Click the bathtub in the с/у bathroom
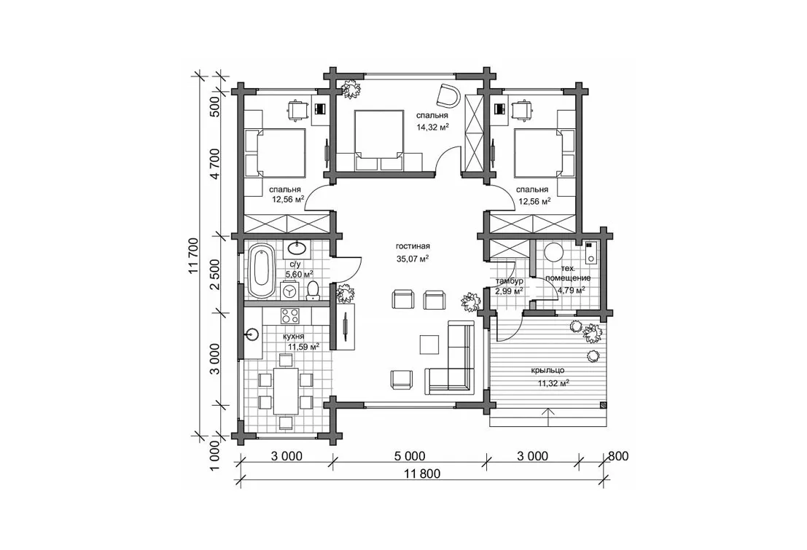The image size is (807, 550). pos(262,272)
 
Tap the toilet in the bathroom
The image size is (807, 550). pos(313,291)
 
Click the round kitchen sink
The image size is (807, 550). pos(252,335)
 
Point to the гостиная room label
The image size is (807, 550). pos(413,246)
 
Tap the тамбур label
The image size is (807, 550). pos(509,281)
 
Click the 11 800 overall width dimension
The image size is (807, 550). pos(423,474)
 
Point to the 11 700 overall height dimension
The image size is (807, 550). pos(193,256)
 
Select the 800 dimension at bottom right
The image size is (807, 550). pos(618,456)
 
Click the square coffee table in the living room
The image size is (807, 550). pos(429,344)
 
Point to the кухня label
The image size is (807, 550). pos(293,337)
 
